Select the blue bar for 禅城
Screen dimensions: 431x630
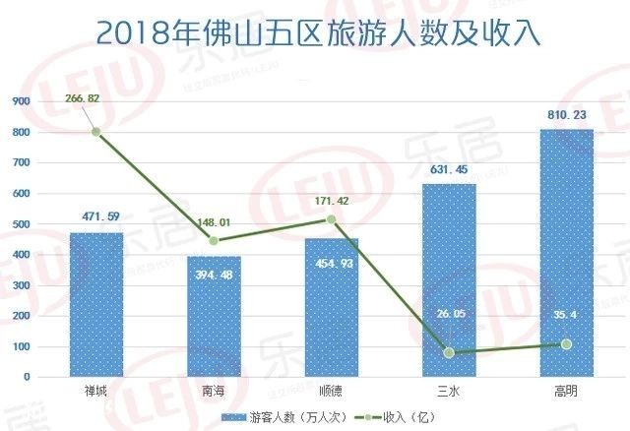[x=95, y=305]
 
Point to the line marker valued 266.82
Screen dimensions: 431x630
[x=96, y=132]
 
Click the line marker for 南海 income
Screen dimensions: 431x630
[x=214, y=240]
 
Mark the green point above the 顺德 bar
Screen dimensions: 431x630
[x=332, y=219]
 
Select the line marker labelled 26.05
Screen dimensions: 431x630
[x=449, y=352]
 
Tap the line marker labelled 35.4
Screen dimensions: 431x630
[x=567, y=343]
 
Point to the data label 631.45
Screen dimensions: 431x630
[x=449, y=169]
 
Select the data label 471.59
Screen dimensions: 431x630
[x=96, y=216]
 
